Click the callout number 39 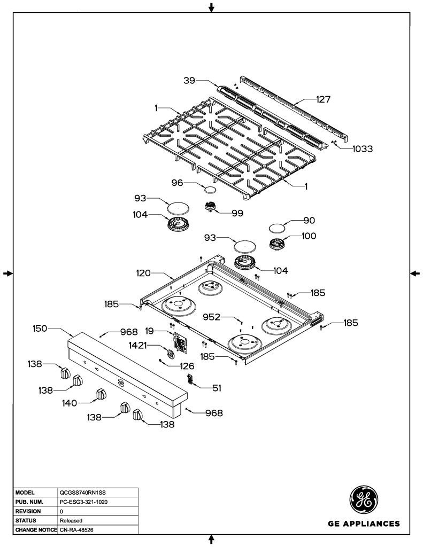189,81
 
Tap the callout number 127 323,100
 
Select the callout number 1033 362,149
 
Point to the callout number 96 177,183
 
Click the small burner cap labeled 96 210,190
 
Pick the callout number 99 237,213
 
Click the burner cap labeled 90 276,228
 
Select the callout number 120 143,273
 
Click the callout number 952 212,317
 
